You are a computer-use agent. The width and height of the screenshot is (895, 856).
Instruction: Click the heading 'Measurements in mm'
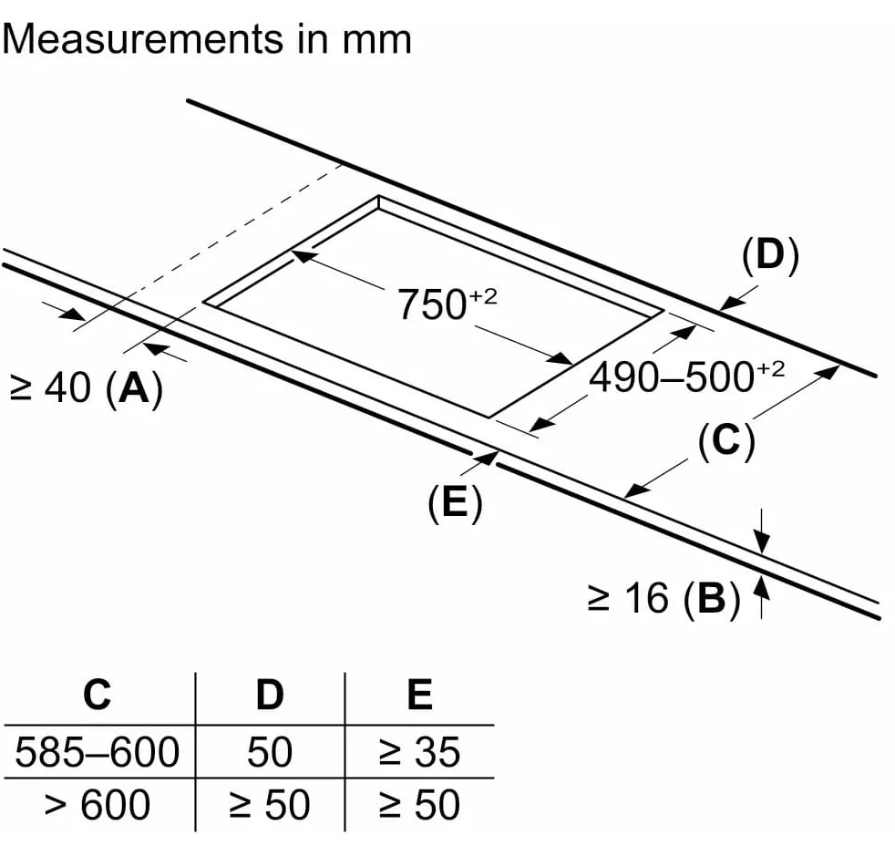(207, 39)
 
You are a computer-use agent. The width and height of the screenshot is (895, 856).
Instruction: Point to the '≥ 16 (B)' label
(664, 598)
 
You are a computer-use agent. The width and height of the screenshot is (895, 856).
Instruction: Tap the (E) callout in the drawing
(454, 503)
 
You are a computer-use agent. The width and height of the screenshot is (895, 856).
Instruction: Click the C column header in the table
(97, 696)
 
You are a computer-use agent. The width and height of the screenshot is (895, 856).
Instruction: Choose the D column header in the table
(269, 696)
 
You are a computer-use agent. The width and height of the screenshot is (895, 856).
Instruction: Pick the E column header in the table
(418, 696)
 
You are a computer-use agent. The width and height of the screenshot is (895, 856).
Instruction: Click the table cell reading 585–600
(98, 752)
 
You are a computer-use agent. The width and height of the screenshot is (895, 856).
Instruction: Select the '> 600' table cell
(98, 805)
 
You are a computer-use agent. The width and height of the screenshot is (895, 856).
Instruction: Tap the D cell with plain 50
(270, 752)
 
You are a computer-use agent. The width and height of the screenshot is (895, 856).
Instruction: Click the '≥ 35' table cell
(419, 752)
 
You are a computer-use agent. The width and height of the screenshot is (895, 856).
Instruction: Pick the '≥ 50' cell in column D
(270, 805)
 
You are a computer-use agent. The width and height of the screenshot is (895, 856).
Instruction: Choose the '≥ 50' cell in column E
(419, 805)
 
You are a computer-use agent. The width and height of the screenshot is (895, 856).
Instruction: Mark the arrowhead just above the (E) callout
(488, 457)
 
